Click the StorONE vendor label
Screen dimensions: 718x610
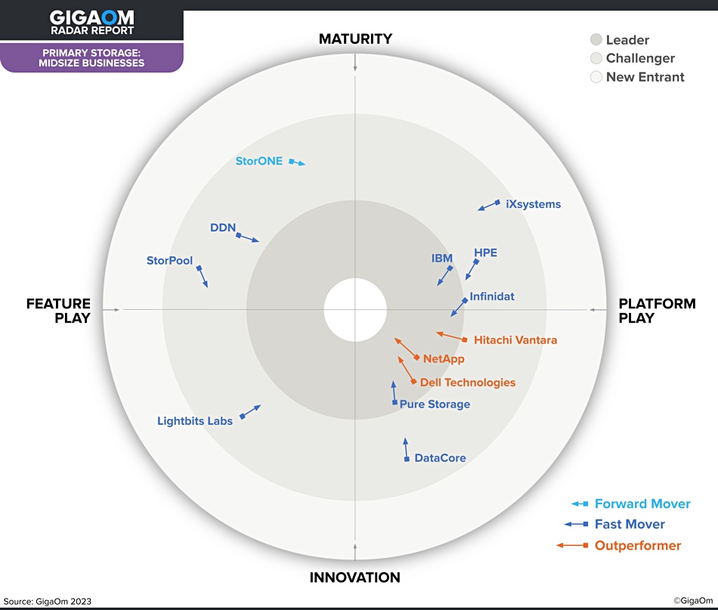(x=258, y=161)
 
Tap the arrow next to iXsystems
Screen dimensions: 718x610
(x=489, y=205)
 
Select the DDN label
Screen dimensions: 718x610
(x=223, y=228)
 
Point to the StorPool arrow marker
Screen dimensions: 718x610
(x=202, y=276)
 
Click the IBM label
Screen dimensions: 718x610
(x=442, y=259)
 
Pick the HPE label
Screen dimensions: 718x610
(x=485, y=252)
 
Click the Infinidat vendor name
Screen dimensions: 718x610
(x=492, y=296)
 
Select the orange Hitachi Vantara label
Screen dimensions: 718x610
(x=515, y=340)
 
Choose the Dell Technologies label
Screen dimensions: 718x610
(x=468, y=382)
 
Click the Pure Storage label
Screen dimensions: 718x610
(x=435, y=404)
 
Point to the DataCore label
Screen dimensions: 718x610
(x=440, y=458)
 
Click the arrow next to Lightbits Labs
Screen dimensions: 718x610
(x=250, y=412)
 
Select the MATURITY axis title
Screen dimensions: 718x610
(x=355, y=39)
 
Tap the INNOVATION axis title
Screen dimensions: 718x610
(x=355, y=577)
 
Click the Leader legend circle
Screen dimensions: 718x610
(x=596, y=39)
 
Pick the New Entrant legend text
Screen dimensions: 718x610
(x=645, y=77)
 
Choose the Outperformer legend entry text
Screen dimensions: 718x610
(x=638, y=546)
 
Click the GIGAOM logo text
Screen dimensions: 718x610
(x=92, y=18)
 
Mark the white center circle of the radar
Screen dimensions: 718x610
(x=355, y=310)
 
